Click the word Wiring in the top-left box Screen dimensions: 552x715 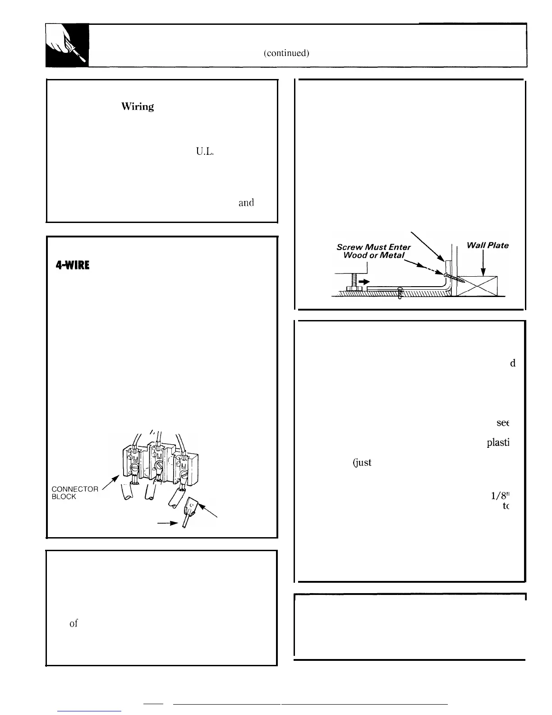138,107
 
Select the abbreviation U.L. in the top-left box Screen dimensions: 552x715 204,152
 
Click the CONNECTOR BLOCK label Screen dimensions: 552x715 74,492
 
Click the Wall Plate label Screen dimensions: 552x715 488,246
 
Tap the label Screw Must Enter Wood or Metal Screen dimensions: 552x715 373,251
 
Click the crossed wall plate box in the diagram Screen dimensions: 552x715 478,286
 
